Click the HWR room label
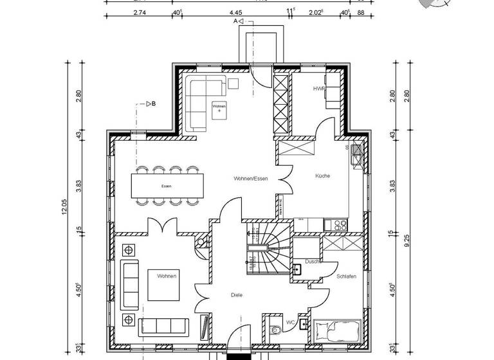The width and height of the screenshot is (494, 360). pos(318,88)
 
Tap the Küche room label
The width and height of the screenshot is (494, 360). pos(322,175)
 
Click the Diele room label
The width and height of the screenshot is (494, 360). pos(237,295)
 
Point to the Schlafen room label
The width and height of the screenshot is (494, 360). pos(346,276)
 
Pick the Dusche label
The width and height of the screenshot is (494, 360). pos(313,262)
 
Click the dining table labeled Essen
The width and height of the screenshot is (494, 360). pos(167,186)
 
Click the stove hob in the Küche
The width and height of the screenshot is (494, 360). pos(338,224)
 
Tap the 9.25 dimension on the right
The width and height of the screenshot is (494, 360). pos(406,240)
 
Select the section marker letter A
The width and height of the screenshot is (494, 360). pos(235,21)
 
